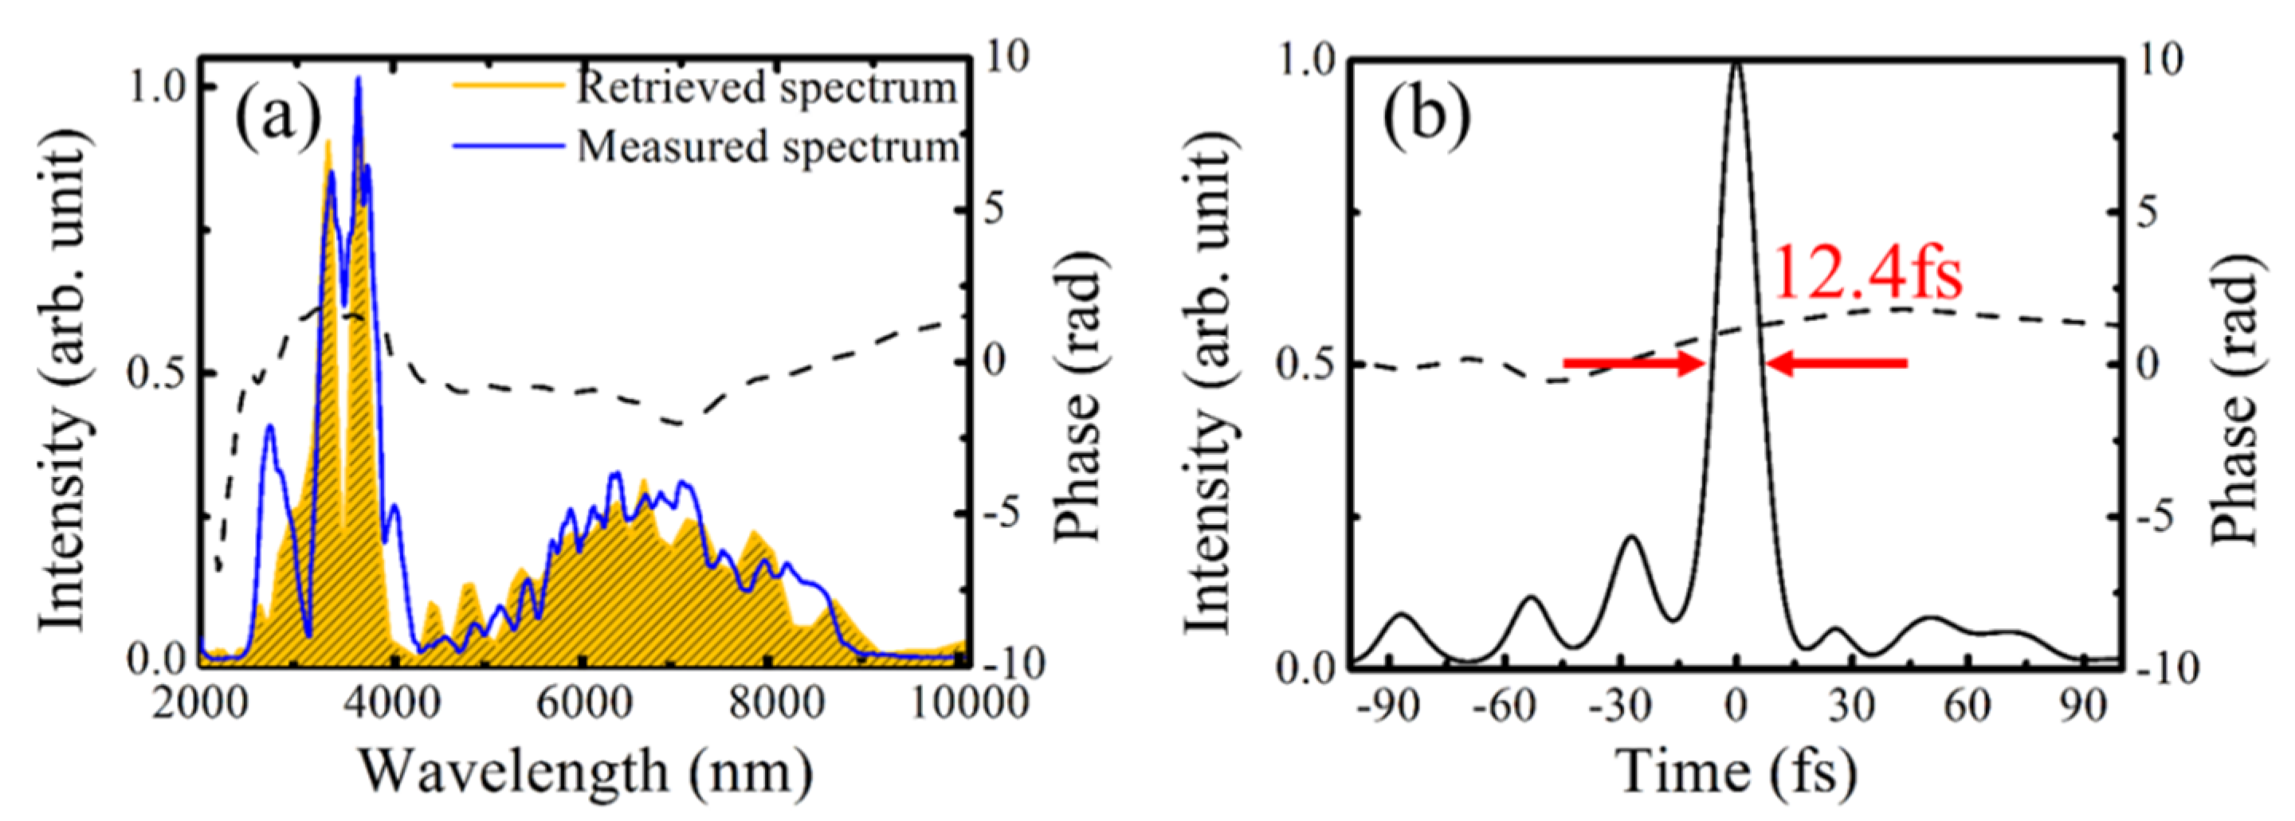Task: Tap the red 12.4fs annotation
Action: point(1865,272)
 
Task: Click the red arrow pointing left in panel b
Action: point(1835,362)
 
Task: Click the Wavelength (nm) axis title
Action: point(586,770)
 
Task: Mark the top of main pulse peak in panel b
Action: point(1736,62)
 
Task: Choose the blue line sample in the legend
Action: point(508,145)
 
